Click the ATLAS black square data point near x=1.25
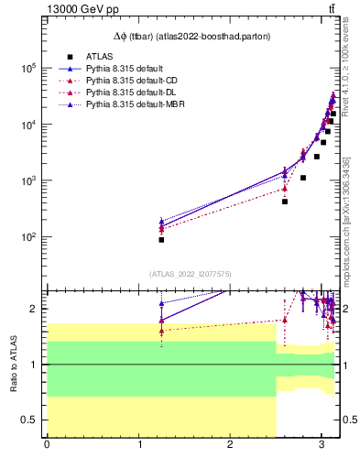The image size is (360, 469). pos(161,239)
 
